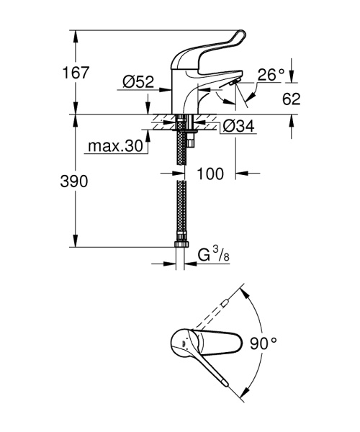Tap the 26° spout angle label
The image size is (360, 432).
point(271,74)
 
